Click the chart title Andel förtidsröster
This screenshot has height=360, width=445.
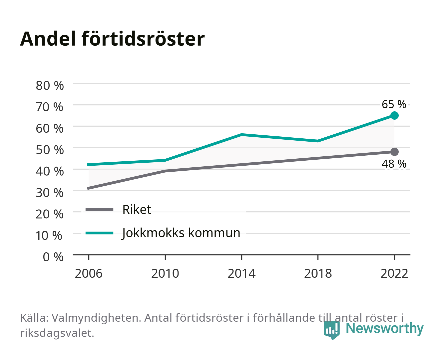112,39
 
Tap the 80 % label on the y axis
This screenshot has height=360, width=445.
50,86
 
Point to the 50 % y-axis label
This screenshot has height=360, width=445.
50,150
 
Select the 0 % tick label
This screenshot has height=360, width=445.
53,257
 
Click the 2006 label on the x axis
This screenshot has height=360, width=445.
89,273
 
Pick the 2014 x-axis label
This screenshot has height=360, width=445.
241,273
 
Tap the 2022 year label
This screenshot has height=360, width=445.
394,273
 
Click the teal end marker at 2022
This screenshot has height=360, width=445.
394,115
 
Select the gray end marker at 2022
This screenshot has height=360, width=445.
394,152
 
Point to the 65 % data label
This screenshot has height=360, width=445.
394,104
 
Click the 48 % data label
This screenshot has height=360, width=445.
394,164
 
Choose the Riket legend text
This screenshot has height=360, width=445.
137,209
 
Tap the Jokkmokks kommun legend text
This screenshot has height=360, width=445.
181,233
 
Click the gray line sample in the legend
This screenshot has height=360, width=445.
100,209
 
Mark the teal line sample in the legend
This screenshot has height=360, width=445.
100,233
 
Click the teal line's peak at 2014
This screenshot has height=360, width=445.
241,135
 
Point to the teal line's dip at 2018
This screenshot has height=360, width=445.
318,141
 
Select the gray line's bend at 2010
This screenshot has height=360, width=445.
165,171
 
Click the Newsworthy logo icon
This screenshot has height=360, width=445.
332,330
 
